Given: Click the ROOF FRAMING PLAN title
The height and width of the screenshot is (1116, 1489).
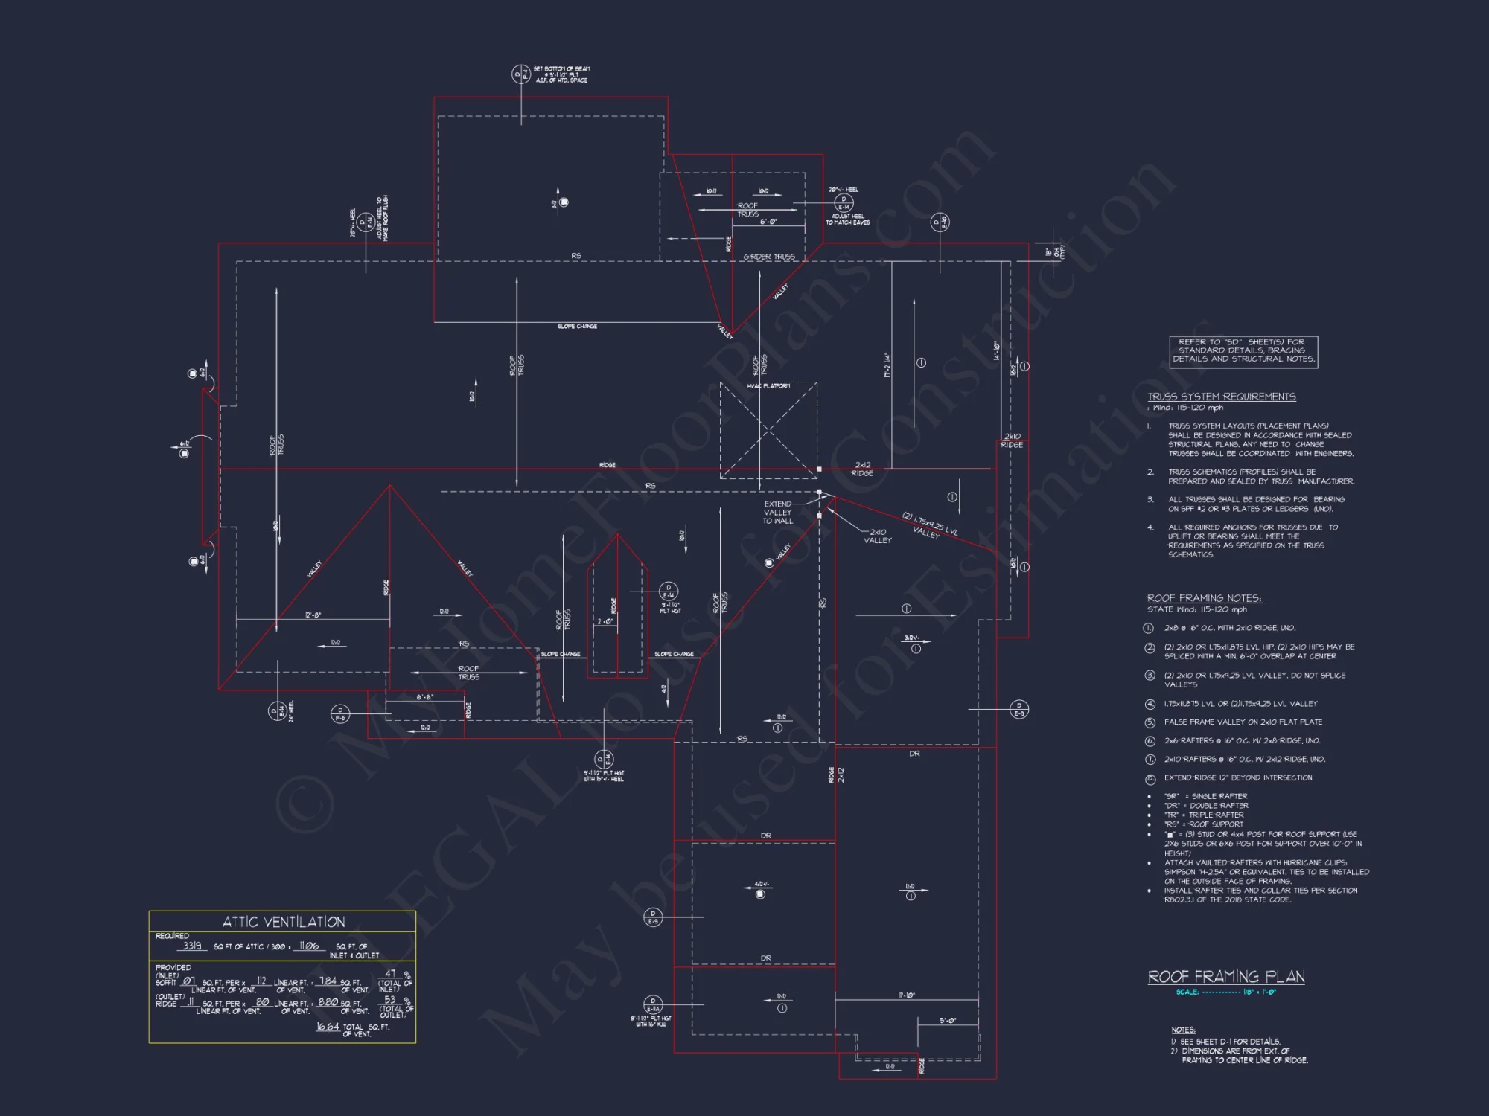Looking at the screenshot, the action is (1226, 977).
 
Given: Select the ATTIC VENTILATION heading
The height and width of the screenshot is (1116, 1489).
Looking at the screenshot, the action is (284, 922).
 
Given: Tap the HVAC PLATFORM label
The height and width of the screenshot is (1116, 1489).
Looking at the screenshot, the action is (768, 386).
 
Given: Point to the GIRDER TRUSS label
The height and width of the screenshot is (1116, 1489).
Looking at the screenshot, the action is (769, 257).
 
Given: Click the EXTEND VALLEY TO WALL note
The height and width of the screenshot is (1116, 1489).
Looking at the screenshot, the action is (777, 513).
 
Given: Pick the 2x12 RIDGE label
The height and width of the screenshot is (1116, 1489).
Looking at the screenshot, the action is (862, 469).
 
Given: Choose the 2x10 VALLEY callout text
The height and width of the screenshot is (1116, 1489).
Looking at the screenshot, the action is (878, 536).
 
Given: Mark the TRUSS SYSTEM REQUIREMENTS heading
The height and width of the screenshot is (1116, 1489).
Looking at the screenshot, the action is (1221, 397).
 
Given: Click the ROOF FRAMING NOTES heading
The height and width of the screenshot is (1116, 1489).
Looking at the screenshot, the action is (1204, 598).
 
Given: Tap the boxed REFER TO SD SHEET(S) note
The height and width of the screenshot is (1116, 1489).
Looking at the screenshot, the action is (1243, 350).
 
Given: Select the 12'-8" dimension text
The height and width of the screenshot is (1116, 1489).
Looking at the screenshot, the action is (313, 615).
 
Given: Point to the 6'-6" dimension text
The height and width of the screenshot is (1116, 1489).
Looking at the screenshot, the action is (425, 697).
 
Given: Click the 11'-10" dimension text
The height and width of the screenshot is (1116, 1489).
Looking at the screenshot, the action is (906, 995).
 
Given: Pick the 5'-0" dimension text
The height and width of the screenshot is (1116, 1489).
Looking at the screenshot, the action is (947, 1021).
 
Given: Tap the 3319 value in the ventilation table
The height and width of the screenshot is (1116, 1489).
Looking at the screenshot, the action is (192, 946).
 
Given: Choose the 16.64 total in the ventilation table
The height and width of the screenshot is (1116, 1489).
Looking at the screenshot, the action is (328, 1027).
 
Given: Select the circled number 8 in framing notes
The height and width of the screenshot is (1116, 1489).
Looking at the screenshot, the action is (1150, 779).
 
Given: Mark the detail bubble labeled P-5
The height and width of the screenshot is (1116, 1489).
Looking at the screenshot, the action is (340, 714).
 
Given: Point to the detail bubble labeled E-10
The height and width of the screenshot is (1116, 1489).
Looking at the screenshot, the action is (940, 222).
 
